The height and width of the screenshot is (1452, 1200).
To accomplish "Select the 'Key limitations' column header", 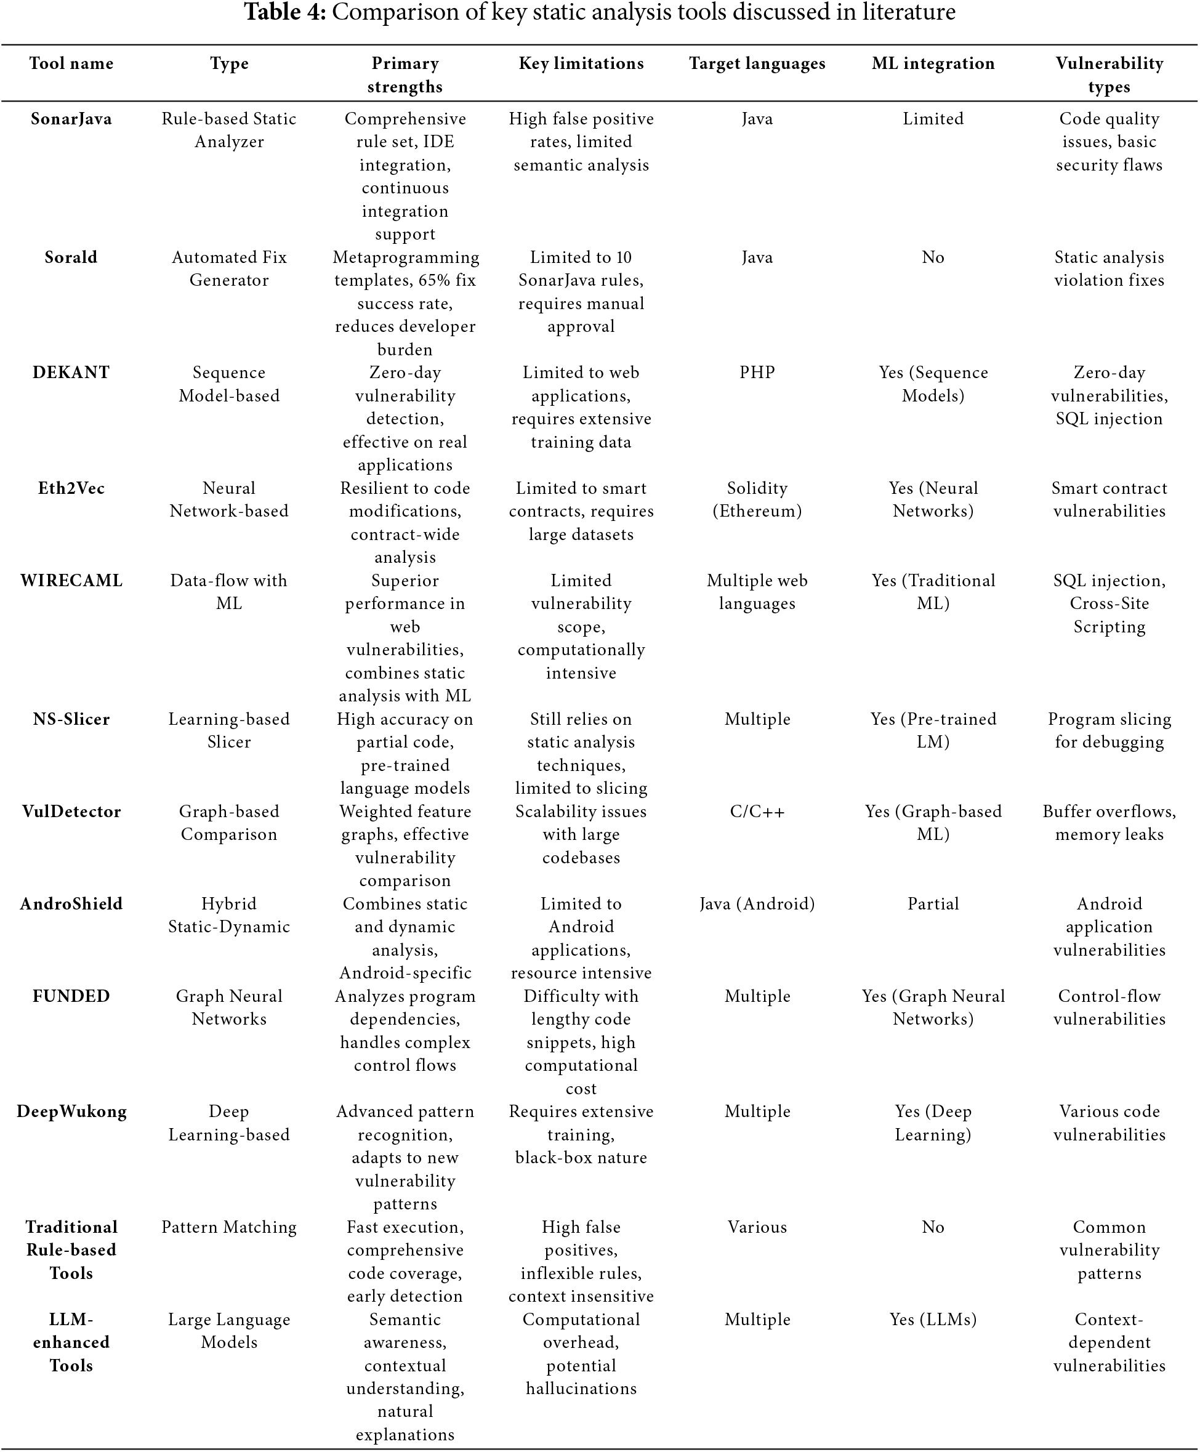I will (x=581, y=63).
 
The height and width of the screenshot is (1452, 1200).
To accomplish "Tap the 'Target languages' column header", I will (x=757, y=63).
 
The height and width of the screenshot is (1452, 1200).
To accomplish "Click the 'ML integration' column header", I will (x=933, y=63).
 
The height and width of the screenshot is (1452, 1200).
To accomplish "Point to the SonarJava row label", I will (x=71, y=119).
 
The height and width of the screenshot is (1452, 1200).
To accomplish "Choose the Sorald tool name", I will (x=71, y=257).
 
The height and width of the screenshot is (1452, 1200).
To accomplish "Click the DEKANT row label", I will (x=71, y=373).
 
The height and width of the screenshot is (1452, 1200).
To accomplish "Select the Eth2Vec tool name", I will (x=71, y=488).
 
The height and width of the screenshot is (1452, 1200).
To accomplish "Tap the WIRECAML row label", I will (x=71, y=581).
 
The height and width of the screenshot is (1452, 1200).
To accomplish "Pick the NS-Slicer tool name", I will (x=71, y=719).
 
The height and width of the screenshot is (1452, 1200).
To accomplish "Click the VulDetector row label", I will (x=71, y=812).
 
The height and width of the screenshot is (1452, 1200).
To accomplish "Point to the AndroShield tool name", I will (x=71, y=904).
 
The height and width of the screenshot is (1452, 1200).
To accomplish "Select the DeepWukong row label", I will (x=71, y=1112).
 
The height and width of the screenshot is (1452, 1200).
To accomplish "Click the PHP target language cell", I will (x=757, y=373).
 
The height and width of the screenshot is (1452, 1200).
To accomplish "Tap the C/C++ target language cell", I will (x=757, y=812).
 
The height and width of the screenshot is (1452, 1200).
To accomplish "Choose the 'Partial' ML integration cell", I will (x=933, y=904).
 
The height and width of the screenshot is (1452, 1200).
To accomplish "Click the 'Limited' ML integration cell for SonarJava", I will (x=933, y=119).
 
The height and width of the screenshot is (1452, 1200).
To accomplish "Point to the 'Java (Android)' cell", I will (x=757, y=904).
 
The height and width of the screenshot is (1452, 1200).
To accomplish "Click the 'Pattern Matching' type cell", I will (x=229, y=1227).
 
